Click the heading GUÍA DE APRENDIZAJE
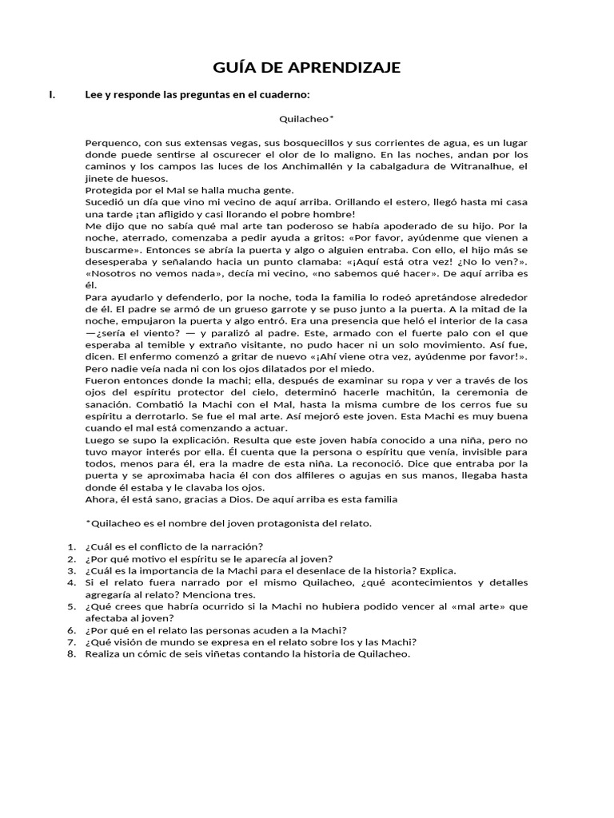point(307,67)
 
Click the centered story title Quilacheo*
point(306,119)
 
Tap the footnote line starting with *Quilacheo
point(228,524)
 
